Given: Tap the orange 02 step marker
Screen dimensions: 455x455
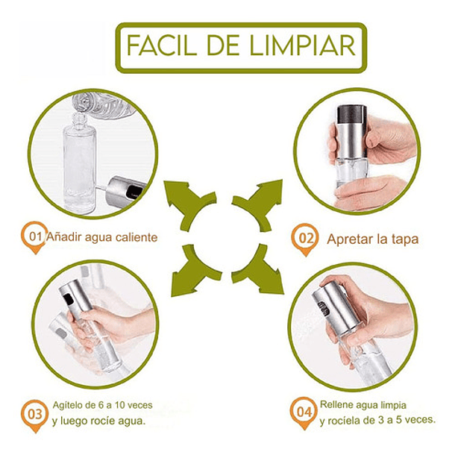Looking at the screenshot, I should (x=303, y=239).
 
